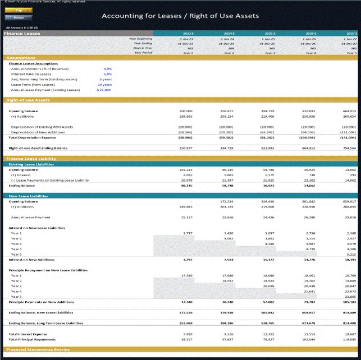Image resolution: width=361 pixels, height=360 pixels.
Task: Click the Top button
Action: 19,10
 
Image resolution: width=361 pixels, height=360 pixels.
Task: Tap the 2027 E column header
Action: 350,34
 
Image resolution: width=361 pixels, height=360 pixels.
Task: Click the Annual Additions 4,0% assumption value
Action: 108,68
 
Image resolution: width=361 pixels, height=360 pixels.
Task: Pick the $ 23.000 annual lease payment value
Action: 104,90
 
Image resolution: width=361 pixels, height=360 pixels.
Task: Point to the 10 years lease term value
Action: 105,84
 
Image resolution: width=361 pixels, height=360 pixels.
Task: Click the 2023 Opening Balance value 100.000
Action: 185,111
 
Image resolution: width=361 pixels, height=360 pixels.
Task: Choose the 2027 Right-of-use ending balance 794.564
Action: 349,148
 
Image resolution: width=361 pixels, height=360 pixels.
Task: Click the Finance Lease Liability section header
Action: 31,159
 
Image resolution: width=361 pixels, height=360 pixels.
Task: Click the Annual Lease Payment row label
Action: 30,217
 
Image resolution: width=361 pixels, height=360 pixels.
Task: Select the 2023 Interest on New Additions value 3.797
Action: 188,260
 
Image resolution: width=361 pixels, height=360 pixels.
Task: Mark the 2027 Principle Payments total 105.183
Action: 349,302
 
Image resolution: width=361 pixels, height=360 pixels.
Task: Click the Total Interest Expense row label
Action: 28,334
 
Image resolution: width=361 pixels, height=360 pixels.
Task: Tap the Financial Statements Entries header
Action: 38,349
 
